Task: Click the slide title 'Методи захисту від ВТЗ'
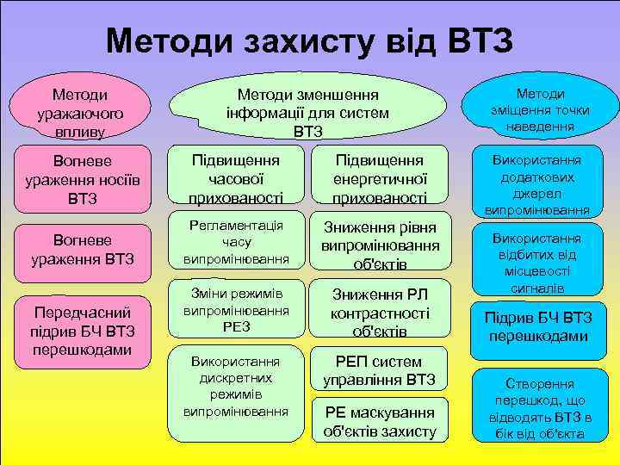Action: (x=309, y=38)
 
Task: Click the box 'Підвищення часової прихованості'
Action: (x=236, y=179)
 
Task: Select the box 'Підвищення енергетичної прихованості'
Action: (x=380, y=179)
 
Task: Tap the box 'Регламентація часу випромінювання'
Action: (x=236, y=242)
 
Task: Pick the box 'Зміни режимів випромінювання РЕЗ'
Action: (x=236, y=307)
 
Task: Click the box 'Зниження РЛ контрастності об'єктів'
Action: (x=380, y=308)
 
